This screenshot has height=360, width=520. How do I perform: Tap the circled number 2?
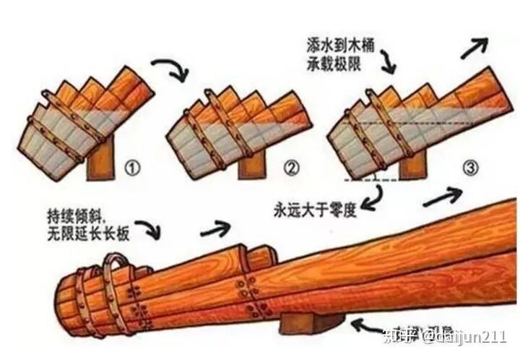(291, 169)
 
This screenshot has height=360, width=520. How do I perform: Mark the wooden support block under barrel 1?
(101, 163)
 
